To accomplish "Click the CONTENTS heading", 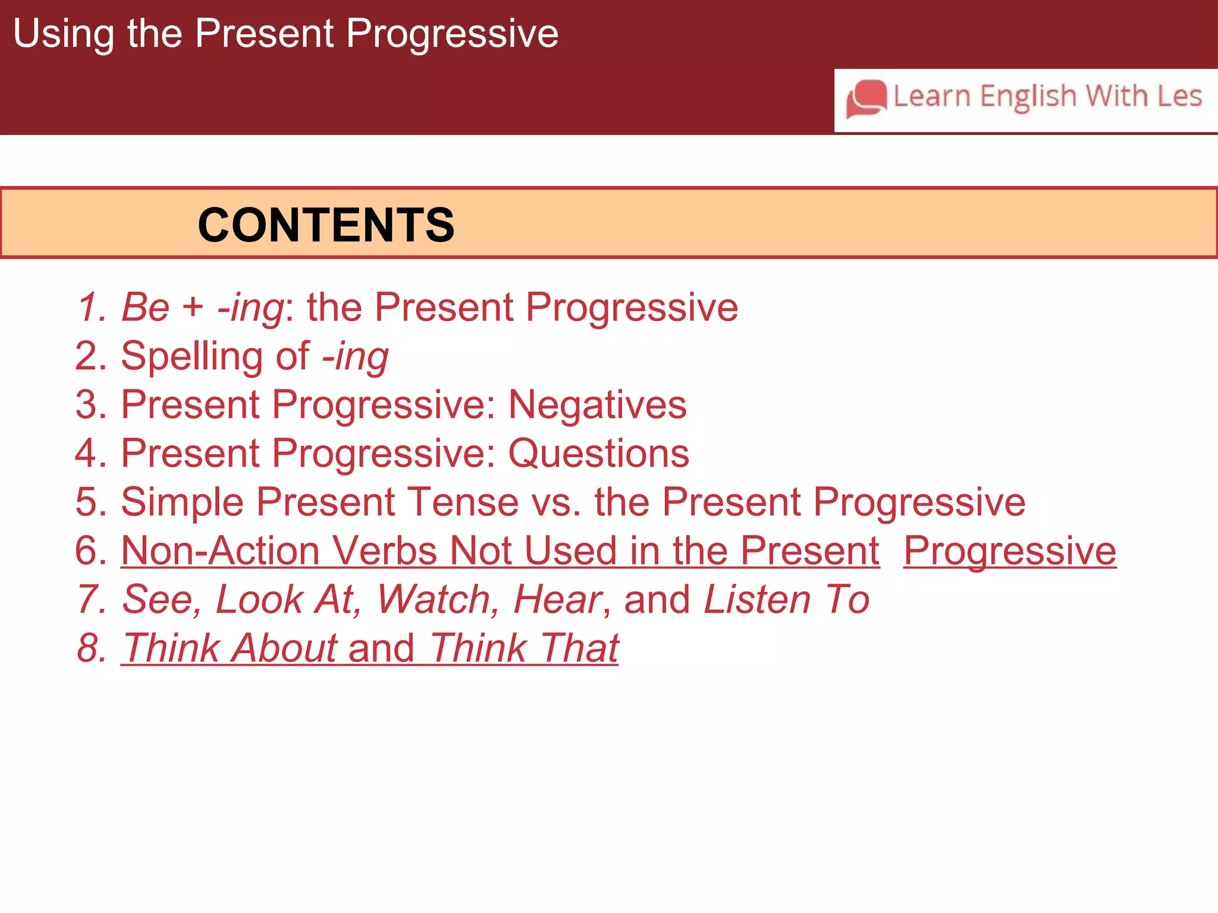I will (326, 225).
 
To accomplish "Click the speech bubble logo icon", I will (867, 99).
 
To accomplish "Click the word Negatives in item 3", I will (597, 405).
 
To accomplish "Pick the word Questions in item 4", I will (598, 454).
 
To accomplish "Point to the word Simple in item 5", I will (182, 502).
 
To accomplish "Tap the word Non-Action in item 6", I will (219, 550).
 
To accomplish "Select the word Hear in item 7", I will (558, 599).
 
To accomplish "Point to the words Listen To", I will (786, 599).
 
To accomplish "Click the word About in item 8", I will (284, 648).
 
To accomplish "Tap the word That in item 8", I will (579, 648).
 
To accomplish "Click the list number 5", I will (87, 502).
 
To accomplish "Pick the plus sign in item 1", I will (193, 308).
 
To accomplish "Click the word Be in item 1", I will (145, 308).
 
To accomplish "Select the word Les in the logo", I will (1180, 96).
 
